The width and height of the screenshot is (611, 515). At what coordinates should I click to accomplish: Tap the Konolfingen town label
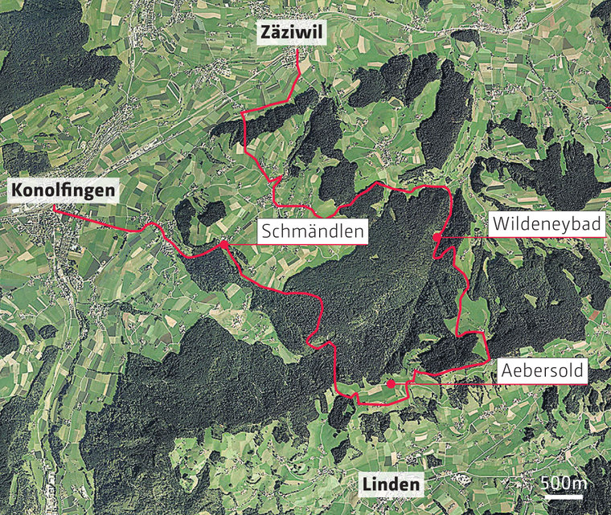[x=63, y=191]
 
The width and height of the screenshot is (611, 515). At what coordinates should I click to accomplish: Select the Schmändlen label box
[x=313, y=233]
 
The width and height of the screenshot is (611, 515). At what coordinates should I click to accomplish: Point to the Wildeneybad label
[x=547, y=226]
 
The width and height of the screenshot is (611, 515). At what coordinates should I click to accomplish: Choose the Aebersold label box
[x=543, y=371]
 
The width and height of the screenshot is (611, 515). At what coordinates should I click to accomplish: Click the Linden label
[x=391, y=484]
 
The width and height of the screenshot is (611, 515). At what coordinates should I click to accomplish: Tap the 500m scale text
[x=564, y=483]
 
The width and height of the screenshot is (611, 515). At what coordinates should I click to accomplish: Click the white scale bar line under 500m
[x=564, y=496]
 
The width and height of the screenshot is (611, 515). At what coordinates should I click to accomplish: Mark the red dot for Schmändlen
[x=223, y=243]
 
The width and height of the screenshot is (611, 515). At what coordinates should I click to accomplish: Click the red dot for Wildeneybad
[x=436, y=237]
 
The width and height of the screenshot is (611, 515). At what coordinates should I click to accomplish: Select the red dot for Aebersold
[x=390, y=384]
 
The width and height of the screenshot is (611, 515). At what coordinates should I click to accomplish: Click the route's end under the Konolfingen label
[x=54, y=209]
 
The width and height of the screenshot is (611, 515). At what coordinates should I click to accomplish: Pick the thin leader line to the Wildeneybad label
[x=462, y=237]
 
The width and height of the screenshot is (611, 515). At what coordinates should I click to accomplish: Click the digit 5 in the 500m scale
[x=544, y=483]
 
